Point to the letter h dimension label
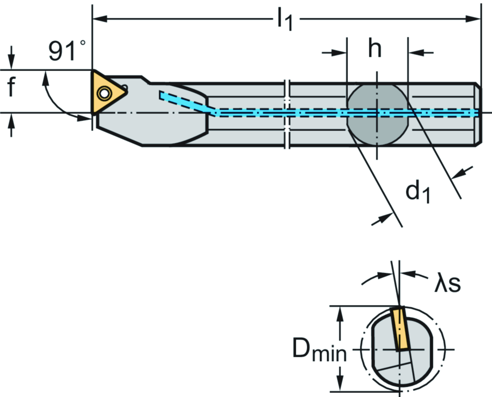[375, 48]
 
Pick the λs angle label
[447, 283]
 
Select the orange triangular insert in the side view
[107, 91]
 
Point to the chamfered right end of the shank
[478, 114]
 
